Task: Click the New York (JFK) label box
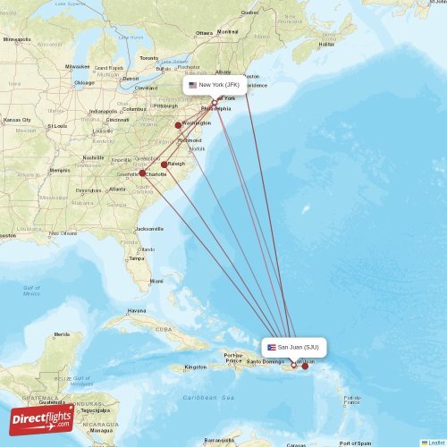pyautogui.click(x=214, y=85)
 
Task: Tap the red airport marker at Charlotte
pyautogui.click(x=142, y=173)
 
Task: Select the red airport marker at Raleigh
pyautogui.click(x=164, y=164)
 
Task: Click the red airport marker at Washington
pyautogui.click(x=178, y=125)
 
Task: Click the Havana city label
pyautogui.click(x=137, y=311)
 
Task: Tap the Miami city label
pyautogui.click(x=156, y=281)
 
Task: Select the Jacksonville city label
pyautogui.click(x=150, y=229)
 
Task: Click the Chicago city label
pyautogui.click(x=84, y=82)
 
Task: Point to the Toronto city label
pyautogui.click(x=148, y=58)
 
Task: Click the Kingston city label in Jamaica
pyautogui.click(x=196, y=367)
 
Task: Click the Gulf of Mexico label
pyautogui.click(x=31, y=291)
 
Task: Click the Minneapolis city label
pyautogui.click(x=16, y=39)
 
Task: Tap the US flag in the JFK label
pyautogui.click(x=192, y=85)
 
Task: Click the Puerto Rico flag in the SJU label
pyautogui.click(x=271, y=347)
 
